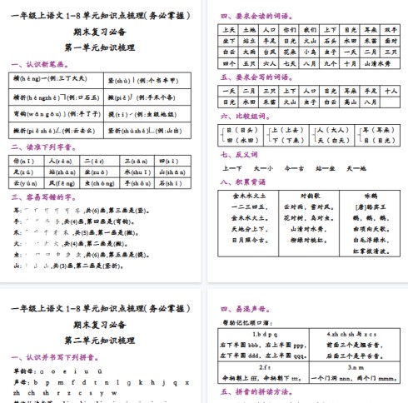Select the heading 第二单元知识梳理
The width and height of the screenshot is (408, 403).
pyautogui.click(x=101, y=341)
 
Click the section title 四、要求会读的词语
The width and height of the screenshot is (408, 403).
pyautogui.click(x=253, y=16)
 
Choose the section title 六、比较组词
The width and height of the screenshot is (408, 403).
pyautogui.click(x=241, y=118)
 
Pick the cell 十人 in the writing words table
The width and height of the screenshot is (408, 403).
pyautogui.click(x=391, y=90)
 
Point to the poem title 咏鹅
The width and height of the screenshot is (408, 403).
pyautogui.click(x=359, y=195)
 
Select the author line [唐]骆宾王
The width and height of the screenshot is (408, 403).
pyautogui.click(x=359, y=206)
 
